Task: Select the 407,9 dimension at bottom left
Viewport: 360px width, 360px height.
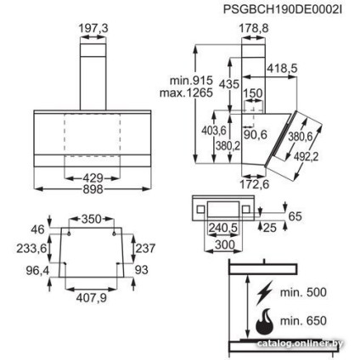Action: point(92,297)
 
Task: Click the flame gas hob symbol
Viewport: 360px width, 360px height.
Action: point(266,323)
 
